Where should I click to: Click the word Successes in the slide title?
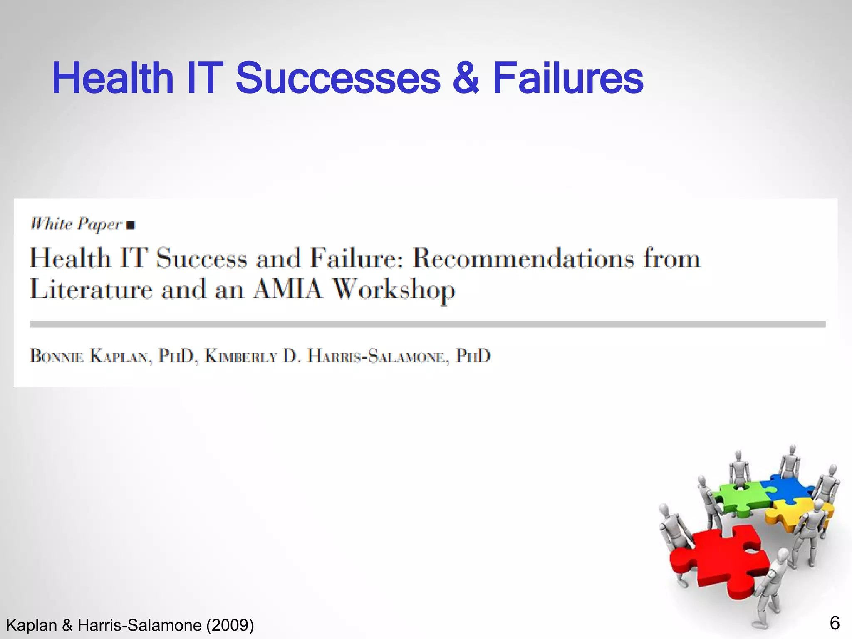338,78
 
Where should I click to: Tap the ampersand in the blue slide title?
466,78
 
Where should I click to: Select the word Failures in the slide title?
568,78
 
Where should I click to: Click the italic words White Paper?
77,224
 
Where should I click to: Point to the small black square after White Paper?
131,225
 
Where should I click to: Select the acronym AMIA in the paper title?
288,289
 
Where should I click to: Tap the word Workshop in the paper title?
394,290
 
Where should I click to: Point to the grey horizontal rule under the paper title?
428,324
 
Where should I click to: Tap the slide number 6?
835,623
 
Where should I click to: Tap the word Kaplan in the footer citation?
31,625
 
